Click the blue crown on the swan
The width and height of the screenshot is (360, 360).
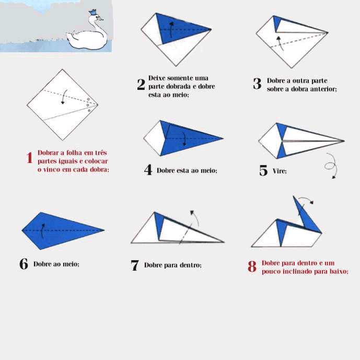coord(92,12)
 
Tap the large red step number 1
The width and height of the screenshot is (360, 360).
coord(29,157)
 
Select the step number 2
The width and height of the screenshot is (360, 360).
coord(141,84)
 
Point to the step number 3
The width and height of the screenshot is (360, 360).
coord(257,84)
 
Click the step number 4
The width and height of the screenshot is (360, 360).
coord(148,170)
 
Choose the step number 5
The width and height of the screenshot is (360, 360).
coord(263,170)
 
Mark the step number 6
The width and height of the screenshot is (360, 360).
coord(24,263)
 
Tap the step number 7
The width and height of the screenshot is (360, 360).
coord(135,265)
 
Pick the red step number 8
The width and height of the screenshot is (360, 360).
coord(252,266)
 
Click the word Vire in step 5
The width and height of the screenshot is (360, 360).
coord(279,171)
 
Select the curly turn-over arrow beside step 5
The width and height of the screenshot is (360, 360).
coord(331,165)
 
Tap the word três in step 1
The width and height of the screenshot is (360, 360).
coord(101,153)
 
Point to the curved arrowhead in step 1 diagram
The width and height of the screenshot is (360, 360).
coord(63,102)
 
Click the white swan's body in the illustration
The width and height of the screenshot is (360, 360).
coord(87,40)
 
